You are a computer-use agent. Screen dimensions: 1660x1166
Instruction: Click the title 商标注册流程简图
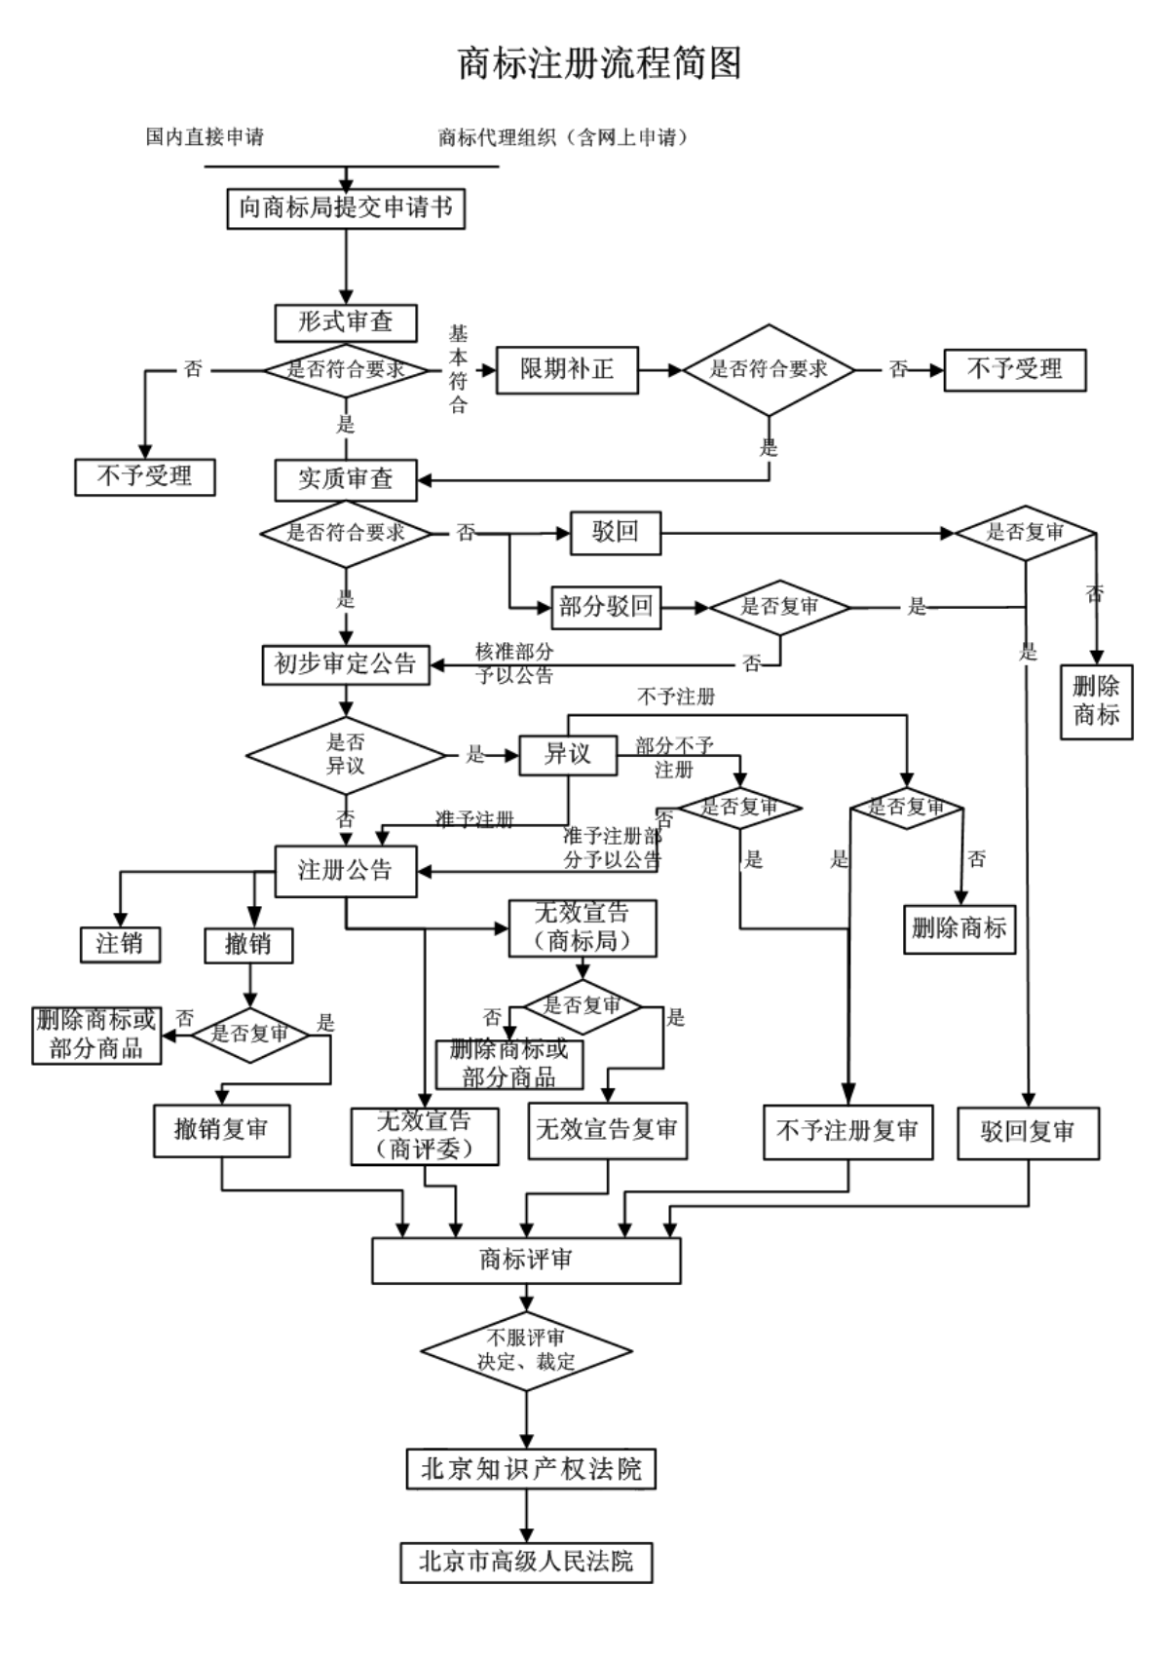coord(599,63)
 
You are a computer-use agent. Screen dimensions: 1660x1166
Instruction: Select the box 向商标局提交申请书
coord(346,207)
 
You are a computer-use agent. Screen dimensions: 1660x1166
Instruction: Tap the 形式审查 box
coord(346,322)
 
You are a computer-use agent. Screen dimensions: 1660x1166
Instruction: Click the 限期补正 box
coord(567,370)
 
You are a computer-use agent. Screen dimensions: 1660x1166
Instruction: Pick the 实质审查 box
coord(346,479)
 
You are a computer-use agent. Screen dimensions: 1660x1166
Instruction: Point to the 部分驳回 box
coord(605,607)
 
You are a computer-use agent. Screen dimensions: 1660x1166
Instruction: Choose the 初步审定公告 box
coord(346,664)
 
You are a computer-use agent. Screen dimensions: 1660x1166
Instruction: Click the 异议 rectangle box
coord(567,754)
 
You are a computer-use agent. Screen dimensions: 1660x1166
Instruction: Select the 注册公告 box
coord(346,870)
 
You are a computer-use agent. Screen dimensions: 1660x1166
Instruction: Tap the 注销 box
coord(120,943)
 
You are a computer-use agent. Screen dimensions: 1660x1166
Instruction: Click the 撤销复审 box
coord(221,1130)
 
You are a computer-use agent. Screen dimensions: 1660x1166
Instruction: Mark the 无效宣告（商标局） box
coord(583,927)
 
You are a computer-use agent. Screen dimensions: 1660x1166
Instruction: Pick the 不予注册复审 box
coord(847,1132)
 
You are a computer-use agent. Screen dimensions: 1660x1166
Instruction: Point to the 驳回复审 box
coord(1028,1132)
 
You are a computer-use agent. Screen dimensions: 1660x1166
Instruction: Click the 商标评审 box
coord(526,1261)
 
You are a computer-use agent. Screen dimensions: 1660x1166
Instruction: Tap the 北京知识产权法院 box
coord(530,1469)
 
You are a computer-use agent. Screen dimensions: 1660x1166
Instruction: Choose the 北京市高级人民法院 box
coord(526,1562)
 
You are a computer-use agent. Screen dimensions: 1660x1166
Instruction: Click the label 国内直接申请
coord(205,137)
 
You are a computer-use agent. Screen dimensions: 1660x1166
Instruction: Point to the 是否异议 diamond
coord(345,755)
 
